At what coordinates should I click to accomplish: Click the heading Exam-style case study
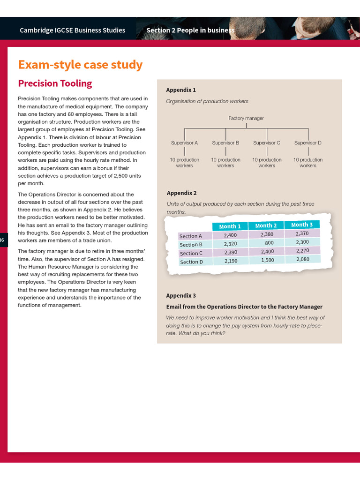coord(80,65)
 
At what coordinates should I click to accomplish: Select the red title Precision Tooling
coord(55,83)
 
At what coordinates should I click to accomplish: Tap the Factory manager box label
coord(246,119)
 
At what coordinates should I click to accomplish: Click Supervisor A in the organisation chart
coord(184,142)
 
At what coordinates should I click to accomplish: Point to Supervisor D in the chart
coord(308,142)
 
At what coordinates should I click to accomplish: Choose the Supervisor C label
coord(267,142)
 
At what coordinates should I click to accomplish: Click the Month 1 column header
coord(230,226)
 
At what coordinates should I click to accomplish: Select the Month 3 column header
coord(302,225)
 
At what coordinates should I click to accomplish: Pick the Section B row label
coord(191,245)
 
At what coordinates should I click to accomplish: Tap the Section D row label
coord(191,262)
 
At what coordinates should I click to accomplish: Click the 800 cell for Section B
coord(269,243)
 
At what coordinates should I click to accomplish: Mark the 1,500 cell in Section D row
coord(267,260)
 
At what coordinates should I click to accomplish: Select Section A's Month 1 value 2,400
coord(230,235)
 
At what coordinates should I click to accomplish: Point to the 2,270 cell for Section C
coord(302,250)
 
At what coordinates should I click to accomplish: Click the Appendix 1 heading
coord(181,90)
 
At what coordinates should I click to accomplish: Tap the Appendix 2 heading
coord(182,193)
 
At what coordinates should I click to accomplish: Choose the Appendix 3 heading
coord(181,296)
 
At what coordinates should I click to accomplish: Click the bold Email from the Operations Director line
coord(244,307)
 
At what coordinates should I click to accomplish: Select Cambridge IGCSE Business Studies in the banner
coord(73,30)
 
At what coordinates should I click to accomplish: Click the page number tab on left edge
coord(3,240)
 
